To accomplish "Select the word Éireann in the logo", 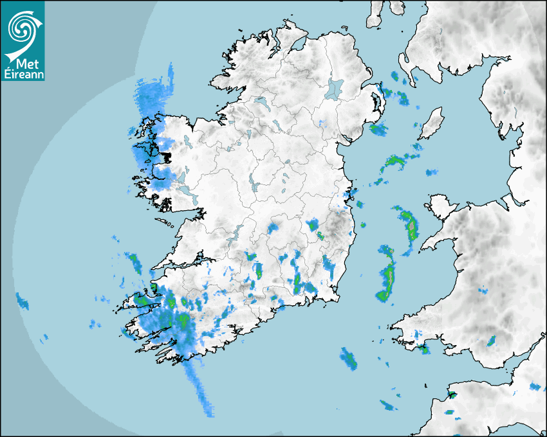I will (23, 75).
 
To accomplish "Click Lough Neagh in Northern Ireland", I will (335, 88).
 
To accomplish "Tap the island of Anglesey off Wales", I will (439, 206).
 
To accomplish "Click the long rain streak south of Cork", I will (199, 386).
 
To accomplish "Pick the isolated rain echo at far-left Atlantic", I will (23, 300).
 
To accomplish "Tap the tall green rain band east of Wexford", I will (387, 273).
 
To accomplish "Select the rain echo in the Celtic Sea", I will (349, 359).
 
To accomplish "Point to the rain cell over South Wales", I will (492, 341).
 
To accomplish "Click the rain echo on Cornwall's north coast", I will (452, 394).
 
